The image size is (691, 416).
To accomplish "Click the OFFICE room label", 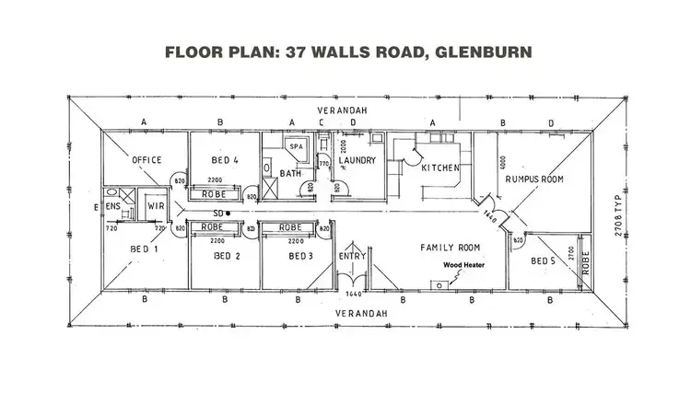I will tap(146, 160).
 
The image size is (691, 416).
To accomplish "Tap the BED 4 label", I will tap(224, 160).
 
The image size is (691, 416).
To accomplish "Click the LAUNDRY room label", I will tap(356, 160).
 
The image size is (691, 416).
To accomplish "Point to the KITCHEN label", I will tap(439, 168).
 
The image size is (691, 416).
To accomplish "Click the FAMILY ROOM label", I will tap(451, 248).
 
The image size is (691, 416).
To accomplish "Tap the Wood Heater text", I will tap(463, 265).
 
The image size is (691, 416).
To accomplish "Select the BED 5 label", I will tap(544, 261).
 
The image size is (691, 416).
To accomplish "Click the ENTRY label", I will tap(351, 256).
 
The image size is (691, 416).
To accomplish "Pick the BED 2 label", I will tap(226, 256).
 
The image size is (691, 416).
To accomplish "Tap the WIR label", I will tap(155, 207).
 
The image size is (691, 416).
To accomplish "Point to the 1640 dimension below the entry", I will tap(353, 294).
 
